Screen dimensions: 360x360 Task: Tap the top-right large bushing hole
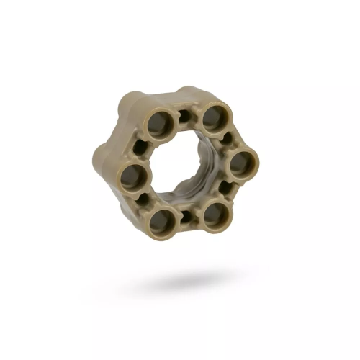click(215, 117)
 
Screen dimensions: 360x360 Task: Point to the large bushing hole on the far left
click(132, 176)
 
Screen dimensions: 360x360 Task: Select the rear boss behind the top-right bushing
click(189, 92)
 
